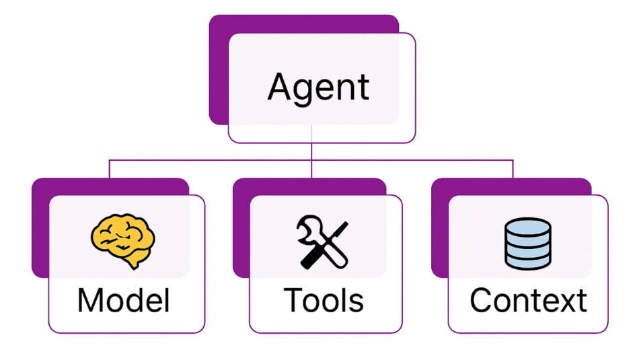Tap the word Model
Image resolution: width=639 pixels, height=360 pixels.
point(124,301)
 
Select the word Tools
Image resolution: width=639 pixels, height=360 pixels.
point(324,301)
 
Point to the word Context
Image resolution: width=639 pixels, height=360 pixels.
point(528,301)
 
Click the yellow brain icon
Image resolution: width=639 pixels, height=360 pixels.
point(122,240)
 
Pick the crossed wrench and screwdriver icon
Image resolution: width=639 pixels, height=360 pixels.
point(323,242)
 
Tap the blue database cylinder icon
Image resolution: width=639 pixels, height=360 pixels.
point(528,244)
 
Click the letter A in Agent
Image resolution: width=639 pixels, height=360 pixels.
point(281,86)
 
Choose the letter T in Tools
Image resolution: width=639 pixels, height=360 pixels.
point(293,301)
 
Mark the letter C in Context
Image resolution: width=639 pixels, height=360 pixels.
point(482,301)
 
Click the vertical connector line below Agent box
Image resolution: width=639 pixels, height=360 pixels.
point(311,151)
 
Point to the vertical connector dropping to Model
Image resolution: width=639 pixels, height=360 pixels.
point(109,169)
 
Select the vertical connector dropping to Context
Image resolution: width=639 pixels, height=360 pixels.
point(513,169)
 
